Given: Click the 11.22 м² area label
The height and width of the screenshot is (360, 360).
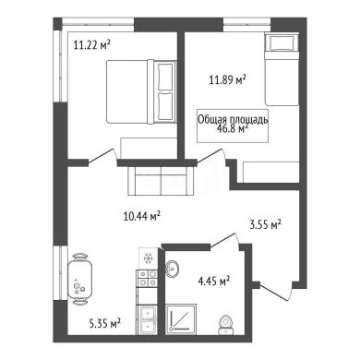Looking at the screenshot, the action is point(92,45).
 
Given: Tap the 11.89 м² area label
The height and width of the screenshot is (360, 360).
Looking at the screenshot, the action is point(227,80).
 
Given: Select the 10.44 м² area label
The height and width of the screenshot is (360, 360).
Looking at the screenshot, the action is point(141,216).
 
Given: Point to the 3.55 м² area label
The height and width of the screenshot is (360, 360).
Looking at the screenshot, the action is point(265,224).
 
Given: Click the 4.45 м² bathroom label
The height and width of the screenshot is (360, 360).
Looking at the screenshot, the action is point(214,281).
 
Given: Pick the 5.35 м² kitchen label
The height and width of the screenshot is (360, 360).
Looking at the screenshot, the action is point(104,323).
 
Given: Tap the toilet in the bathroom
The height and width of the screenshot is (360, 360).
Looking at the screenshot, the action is point(226,325).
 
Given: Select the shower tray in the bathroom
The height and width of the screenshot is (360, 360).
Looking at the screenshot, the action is point(181,319).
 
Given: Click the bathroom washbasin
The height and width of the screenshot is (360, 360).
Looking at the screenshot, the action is point(173,269).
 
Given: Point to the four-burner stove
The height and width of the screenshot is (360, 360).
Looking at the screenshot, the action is point(147,278).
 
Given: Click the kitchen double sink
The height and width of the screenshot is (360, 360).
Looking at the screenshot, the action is point(147,320).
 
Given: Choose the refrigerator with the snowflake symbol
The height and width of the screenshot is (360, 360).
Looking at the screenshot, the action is point(148,258).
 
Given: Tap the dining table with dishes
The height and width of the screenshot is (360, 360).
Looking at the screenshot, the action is point(79,279).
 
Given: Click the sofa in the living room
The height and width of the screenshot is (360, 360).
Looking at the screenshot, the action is point(161,181).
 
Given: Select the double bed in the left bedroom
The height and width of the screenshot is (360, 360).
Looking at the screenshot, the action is point(141,92).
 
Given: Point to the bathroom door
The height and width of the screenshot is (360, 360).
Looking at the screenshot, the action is point(224,240).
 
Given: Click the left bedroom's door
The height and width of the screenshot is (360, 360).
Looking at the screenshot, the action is point(102,157).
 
